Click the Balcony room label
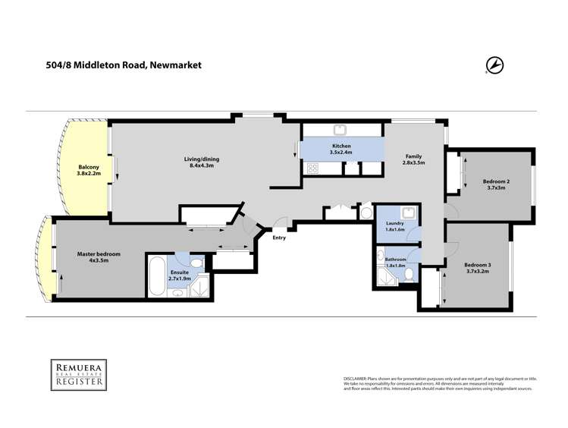point(89,170)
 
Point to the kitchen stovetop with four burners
point(312,169)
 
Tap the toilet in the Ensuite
point(196,263)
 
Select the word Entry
point(280,238)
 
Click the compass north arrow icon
point(496,67)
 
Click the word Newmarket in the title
point(175,66)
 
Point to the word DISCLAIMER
point(355,377)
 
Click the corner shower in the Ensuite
point(203,287)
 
